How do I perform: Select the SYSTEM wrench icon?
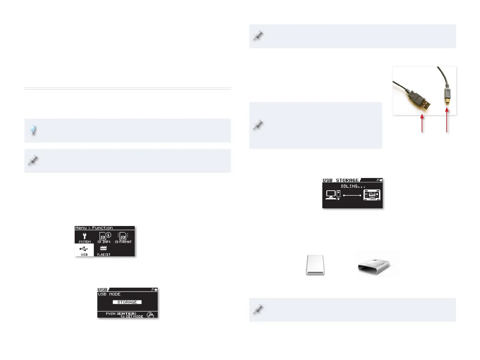[85, 237]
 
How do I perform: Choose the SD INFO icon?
[104, 237]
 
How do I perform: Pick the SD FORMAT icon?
[123, 237]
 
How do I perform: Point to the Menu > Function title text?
[94, 228]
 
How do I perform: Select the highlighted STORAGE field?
[127, 302]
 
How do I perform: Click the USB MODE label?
[109, 294]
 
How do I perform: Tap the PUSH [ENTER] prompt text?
[121, 314]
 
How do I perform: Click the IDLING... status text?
[353, 186]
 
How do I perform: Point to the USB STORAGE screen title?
[341, 180]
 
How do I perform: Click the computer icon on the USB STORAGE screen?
[333, 194]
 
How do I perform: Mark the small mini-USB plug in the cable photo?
[447, 95]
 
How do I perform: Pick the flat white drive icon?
[315, 265]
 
